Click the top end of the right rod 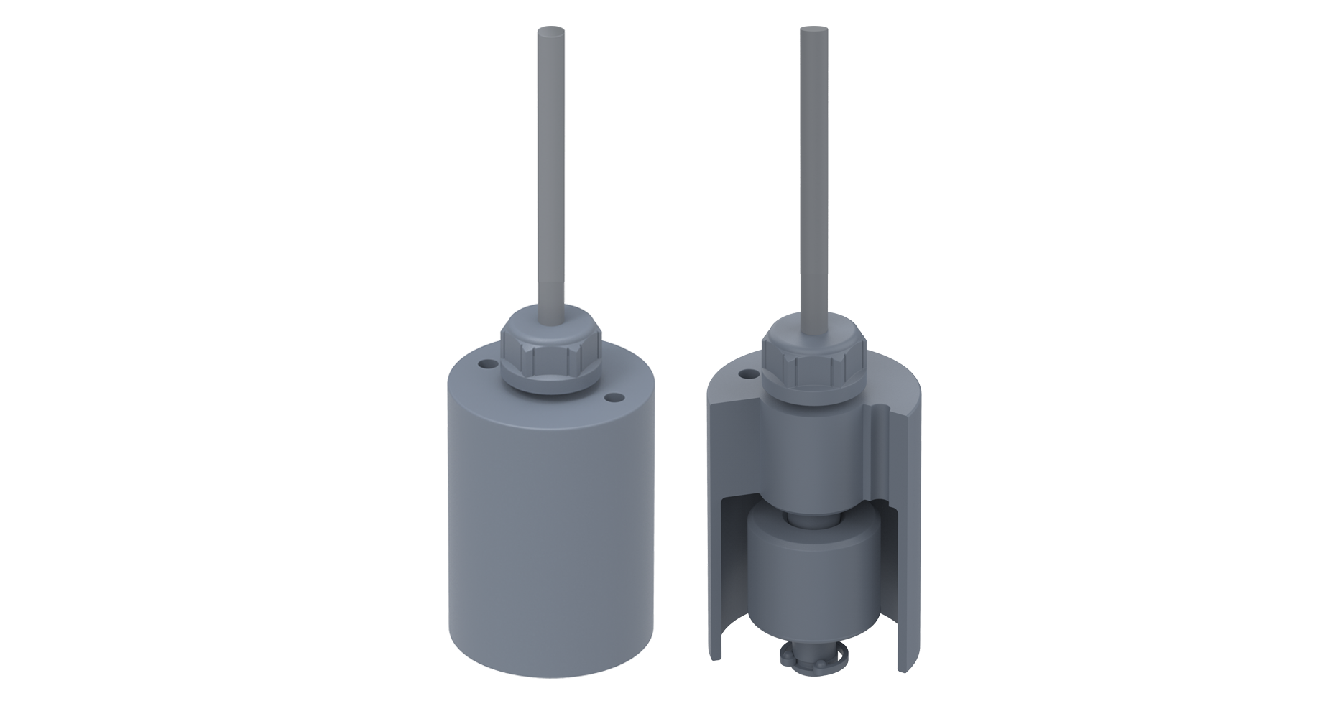point(813,32)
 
